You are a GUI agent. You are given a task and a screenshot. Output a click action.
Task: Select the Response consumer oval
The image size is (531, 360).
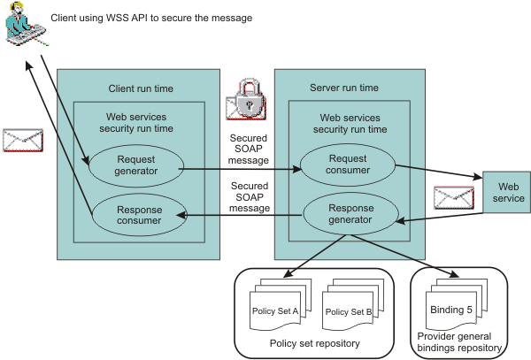135,215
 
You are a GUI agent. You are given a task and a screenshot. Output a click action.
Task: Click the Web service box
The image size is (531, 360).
507,192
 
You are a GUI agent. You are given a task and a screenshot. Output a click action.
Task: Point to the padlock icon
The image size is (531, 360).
250,101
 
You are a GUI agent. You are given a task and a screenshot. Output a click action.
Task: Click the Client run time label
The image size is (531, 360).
141,88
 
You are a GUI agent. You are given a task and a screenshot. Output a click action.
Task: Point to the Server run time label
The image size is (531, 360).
344,88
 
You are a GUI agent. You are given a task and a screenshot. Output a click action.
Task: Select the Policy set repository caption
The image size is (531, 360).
306,341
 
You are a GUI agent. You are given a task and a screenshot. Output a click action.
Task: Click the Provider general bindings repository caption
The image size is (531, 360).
459,342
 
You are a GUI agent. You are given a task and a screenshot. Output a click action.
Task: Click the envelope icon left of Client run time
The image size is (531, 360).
22,140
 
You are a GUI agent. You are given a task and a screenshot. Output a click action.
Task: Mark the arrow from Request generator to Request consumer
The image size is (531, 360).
239,166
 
